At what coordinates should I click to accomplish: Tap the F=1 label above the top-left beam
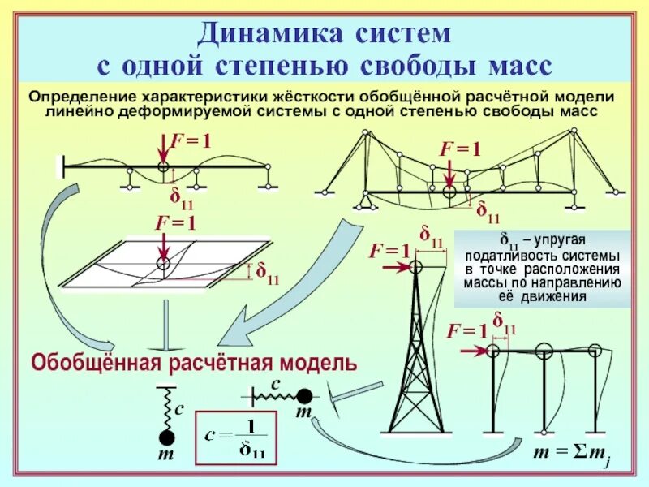(x=190, y=141)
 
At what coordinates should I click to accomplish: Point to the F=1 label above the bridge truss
(x=460, y=149)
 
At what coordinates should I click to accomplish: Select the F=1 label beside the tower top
(x=389, y=251)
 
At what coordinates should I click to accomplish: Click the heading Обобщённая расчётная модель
(x=193, y=362)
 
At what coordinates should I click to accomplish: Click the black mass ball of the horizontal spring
(x=303, y=395)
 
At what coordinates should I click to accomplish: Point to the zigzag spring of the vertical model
(x=165, y=404)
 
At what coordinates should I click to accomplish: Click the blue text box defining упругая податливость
(x=541, y=267)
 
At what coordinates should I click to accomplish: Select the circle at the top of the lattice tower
(x=417, y=265)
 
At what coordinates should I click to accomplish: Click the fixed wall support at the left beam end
(x=60, y=166)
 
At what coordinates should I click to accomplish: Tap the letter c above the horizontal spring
(x=276, y=382)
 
